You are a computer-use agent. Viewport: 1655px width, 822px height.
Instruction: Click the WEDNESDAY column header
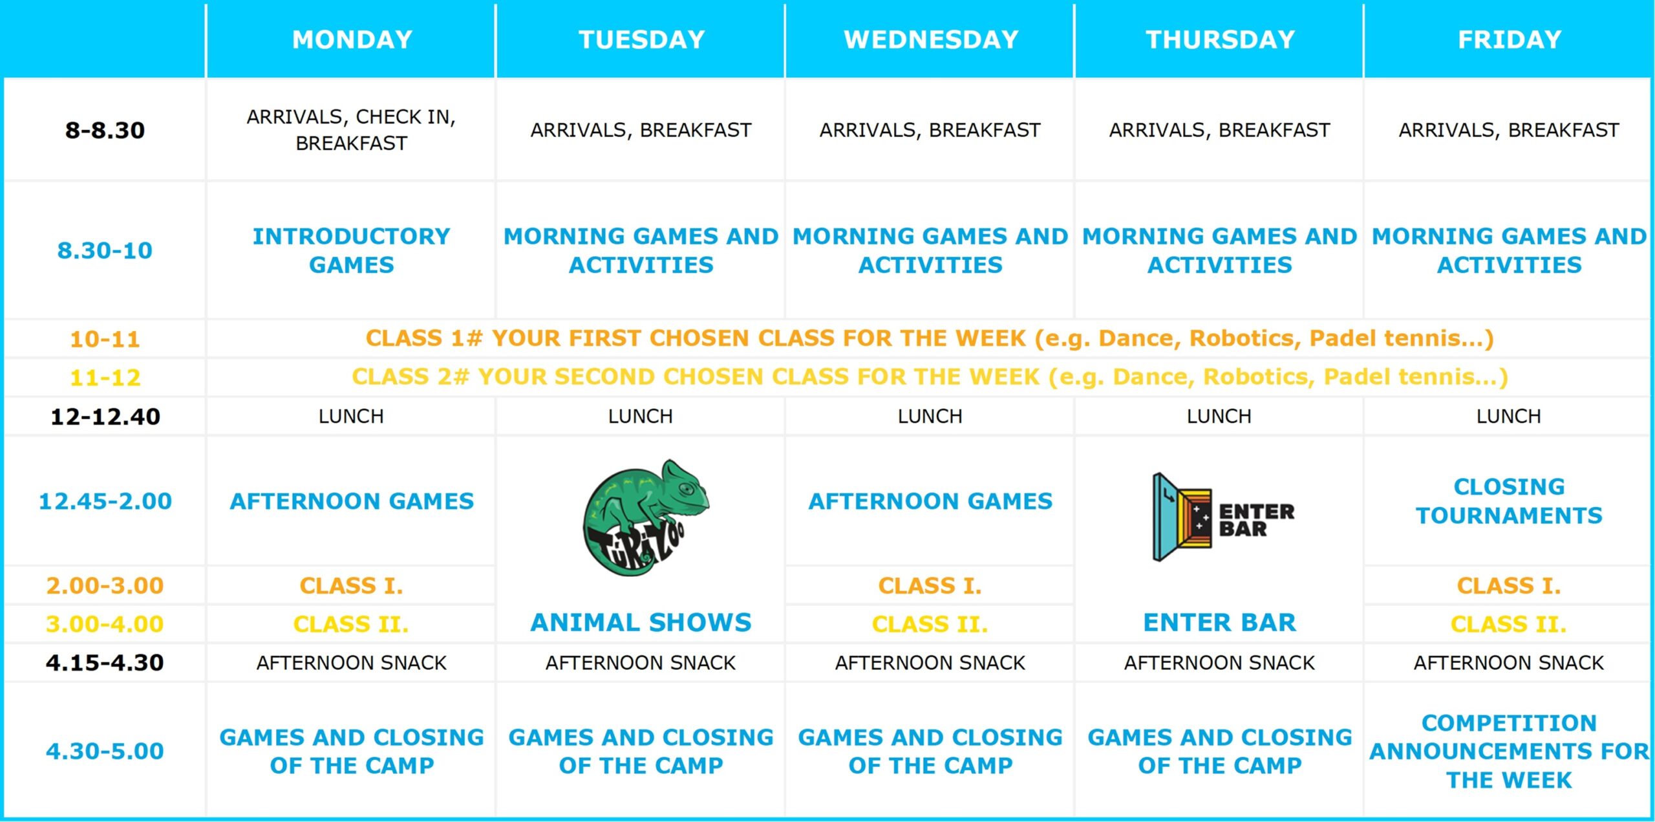[x=931, y=40]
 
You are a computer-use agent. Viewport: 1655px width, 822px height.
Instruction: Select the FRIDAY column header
[x=1510, y=40]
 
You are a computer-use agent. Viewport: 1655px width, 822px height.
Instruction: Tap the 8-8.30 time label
[x=105, y=130]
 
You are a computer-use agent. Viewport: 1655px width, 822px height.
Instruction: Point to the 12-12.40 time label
[x=105, y=416]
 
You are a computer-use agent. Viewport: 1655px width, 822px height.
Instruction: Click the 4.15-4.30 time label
[x=105, y=663]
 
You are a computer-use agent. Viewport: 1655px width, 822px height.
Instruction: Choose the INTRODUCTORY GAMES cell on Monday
[x=352, y=250]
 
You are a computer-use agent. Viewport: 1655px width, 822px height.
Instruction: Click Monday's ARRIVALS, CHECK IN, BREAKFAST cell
[x=352, y=130]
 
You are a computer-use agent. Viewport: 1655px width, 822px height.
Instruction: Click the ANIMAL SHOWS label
[x=641, y=622]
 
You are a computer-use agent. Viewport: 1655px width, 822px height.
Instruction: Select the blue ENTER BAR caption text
[x=1220, y=622]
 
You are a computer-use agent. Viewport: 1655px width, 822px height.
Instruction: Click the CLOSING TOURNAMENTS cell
[x=1510, y=501]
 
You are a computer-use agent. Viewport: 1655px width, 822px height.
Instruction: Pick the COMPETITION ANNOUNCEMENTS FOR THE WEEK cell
[x=1510, y=752]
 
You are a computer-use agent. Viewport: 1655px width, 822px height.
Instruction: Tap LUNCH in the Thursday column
[x=1219, y=416]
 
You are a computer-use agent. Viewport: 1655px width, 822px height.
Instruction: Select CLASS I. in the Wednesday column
[x=930, y=586]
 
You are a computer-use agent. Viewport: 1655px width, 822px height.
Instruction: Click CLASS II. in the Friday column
[x=1509, y=625]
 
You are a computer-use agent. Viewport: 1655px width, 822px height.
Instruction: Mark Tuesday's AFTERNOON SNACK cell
[x=641, y=663]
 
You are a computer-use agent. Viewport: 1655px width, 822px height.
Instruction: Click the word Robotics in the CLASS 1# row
[x=1245, y=338]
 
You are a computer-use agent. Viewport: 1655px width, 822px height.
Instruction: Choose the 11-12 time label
[x=105, y=378]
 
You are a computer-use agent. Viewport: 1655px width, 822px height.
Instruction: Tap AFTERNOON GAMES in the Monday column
[x=352, y=501]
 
